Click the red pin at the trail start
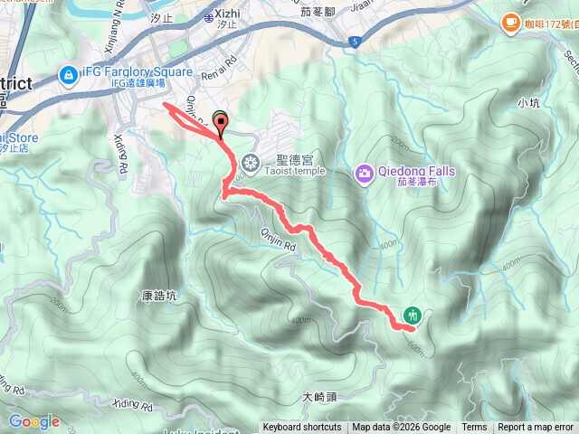point(220,125)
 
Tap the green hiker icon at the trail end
point(413,315)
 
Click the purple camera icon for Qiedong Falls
point(364,172)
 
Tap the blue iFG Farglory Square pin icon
point(67,73)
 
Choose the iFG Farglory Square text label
point(137,71)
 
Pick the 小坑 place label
point(529,103)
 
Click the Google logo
point(33,421)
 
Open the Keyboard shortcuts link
point(302,428)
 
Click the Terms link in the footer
point(474,428)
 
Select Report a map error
point(536,428)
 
